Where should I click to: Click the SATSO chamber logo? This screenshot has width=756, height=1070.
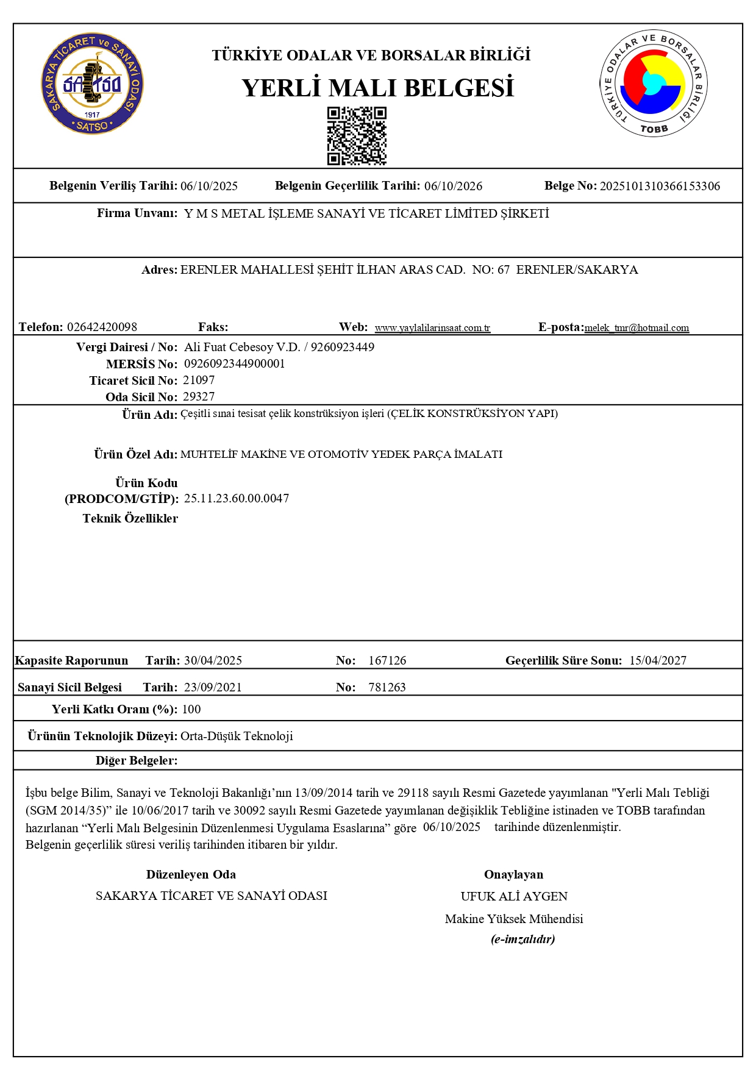[x=93, y=84]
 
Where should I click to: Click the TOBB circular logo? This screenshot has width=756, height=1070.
[x=654, y=84]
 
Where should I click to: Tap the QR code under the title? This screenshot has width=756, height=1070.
[x=357, y=136]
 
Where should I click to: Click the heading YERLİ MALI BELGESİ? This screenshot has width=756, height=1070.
[x=377, y=88]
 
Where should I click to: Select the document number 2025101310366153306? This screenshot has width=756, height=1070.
[x=660, y=186]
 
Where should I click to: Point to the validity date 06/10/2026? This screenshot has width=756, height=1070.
[x=453, y=186]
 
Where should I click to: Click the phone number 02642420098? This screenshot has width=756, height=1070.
[x=102, y=327]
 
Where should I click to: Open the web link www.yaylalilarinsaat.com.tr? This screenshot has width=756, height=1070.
[x=432, y=328]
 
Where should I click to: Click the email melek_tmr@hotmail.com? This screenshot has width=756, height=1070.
[x=637, y=328]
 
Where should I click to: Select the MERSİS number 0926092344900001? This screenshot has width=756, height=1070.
[x=234, y=364]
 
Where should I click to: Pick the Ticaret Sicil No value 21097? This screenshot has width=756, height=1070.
[x=199, y=380]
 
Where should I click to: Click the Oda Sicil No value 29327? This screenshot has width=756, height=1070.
[x=199, y=397]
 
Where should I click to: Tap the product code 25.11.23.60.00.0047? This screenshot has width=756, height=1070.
[x=237, y=498]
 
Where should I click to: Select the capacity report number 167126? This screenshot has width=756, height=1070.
[x=387, y=660]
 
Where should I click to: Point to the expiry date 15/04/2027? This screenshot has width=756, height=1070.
[x=658, y=660]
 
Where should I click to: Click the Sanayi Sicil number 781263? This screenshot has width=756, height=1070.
[x=387, y=687]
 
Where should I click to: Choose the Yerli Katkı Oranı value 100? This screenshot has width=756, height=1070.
[x=191, y=709]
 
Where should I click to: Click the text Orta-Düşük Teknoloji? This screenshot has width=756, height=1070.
[x=237, y=736]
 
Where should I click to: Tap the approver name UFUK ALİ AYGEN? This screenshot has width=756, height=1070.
[x=514, y=896]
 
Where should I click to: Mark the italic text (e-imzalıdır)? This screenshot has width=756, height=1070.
[x=522, y=939]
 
